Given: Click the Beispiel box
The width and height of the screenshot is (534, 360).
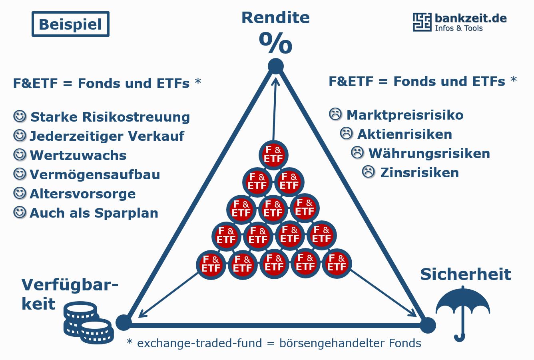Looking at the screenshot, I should pos(70,24).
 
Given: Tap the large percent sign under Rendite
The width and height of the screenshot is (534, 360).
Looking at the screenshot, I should pos(275,43).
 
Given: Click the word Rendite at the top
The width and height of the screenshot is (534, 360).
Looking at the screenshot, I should pos(275,18).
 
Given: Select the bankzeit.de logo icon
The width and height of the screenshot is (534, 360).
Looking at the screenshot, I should pos(422,22).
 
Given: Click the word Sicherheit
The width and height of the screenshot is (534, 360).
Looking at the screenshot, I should pos(466,274).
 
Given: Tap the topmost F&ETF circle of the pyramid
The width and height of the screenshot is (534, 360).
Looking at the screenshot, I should pos(273,155).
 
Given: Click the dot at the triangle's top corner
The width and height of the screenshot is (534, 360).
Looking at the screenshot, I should pos(275,66).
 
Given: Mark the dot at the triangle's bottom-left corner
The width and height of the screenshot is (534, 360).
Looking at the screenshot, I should pos(124,322).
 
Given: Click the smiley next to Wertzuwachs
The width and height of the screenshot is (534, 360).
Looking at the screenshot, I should pos(19,154).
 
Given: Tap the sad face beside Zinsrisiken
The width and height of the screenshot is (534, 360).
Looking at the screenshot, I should pos(369,172).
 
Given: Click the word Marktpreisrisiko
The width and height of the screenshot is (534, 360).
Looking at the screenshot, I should pos(405,115).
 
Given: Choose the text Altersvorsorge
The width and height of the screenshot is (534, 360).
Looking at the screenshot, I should pos(83,194).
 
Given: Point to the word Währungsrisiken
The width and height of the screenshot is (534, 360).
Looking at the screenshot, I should pos(429,153).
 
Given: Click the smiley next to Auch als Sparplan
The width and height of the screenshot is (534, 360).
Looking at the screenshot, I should pos(19,212).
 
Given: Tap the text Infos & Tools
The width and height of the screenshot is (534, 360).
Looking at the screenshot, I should pos(459,28).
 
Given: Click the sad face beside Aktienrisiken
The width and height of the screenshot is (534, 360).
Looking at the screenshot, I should pos(346,133).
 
